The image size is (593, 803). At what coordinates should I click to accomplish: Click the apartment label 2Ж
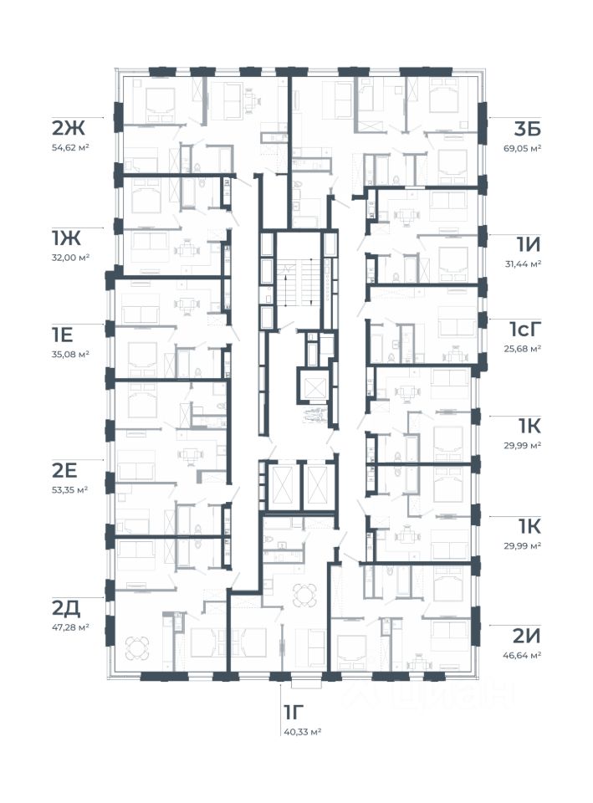(68, 128)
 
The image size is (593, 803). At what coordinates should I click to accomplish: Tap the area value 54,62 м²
(70, 147)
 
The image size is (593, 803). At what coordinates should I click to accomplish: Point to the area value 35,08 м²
(70, 354)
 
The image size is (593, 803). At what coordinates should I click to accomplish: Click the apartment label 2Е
(64, 470)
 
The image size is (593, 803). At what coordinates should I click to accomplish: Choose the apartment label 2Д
(66, 608)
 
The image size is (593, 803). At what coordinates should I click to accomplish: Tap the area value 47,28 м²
(70, 627)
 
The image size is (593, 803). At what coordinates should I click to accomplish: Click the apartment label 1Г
(294, 713)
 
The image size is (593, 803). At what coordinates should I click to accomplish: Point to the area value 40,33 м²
(302, 732)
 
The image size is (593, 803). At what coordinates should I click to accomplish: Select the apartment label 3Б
(528, 129)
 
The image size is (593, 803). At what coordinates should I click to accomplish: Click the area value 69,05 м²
(523, 148)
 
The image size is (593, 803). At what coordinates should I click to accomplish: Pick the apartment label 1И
(529, 245)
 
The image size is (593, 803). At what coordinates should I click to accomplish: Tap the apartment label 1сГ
(524, 330)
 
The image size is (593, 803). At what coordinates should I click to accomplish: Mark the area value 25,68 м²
(523, 349)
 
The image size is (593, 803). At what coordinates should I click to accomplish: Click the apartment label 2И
(527, 636)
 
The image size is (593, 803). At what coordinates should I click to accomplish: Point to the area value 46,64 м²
(523, 655)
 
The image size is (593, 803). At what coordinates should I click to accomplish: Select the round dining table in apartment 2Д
(138, 647)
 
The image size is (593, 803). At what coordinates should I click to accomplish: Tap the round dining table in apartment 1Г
(304, 595)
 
